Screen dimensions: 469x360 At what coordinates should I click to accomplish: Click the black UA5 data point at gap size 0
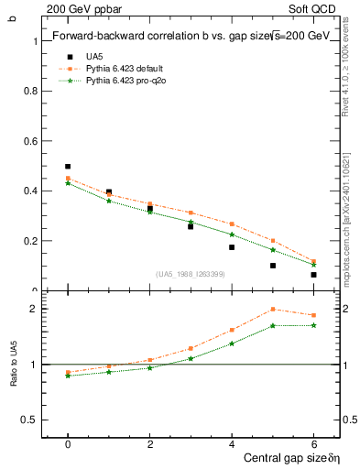pos(68,167)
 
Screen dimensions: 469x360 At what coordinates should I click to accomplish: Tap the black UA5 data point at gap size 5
pos(273,266)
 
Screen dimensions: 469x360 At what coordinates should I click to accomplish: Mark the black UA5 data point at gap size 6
pos(313,275)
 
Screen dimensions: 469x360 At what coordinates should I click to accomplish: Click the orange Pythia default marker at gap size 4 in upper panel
pos(232,224)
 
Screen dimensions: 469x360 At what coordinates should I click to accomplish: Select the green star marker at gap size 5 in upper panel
pos(273,250)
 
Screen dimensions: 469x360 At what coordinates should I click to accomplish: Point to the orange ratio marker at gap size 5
pos(273,310)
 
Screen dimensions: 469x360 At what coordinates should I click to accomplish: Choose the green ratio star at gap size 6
pos(313,325)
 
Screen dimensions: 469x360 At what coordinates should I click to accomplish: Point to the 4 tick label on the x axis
pos(232,444)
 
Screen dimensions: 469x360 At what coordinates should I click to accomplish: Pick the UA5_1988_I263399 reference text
pos(191,274)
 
